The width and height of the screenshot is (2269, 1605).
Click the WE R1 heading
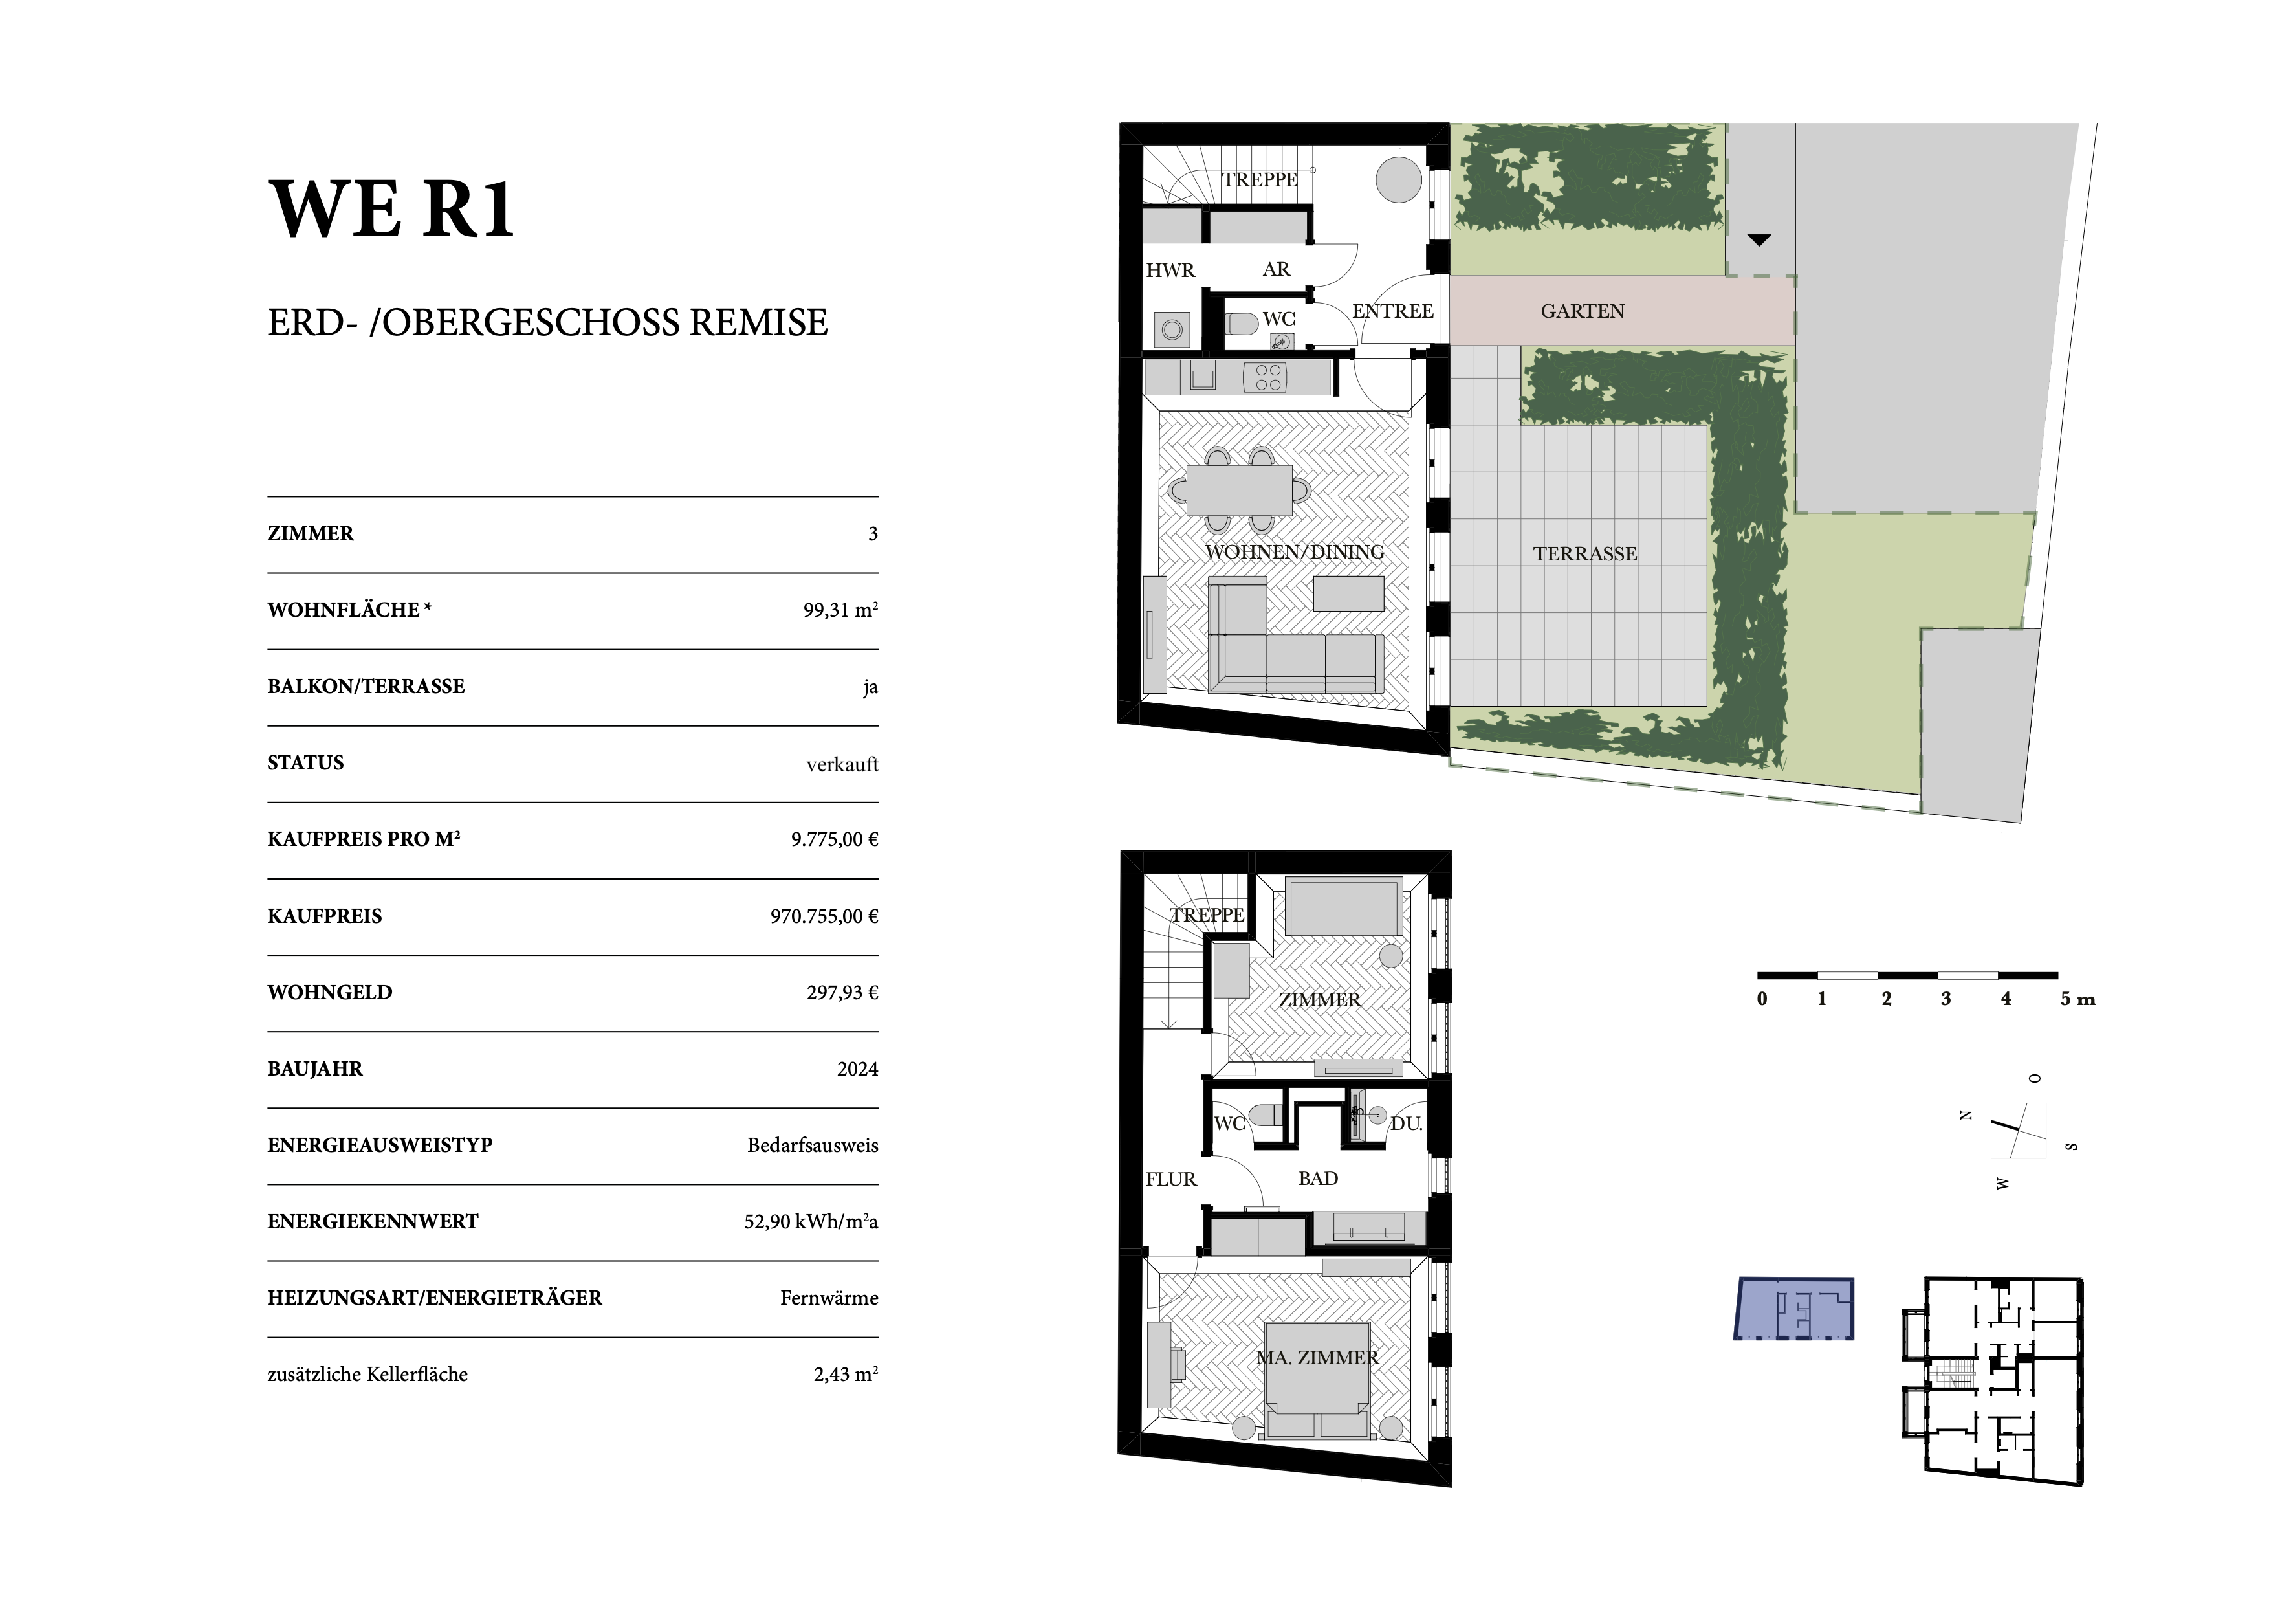[x=391, y=210]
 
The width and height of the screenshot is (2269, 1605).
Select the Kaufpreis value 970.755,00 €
[x=824, y=916]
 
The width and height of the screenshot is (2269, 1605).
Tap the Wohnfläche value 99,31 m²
[x=840, y=610]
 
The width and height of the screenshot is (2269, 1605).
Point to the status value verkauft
[x=842, y=764]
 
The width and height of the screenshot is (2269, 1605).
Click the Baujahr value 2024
[x=857, y=1069]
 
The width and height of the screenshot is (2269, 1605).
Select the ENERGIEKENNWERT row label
[x=373, y=1221]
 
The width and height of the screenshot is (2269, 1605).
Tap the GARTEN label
[x=1582, y=311]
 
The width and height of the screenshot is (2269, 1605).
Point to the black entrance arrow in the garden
[x=1759, y=240]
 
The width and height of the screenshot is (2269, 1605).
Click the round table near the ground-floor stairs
[x=1399, y=180]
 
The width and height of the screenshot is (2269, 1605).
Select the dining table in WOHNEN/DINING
[x=1239, y=490]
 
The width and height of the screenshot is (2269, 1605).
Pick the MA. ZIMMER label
[x=1317, y=1358]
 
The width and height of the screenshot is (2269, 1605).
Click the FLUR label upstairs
[x=1171, y=1179]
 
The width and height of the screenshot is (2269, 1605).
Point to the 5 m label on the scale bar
[x=2077, y=999]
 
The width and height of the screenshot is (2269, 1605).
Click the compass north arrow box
[x=2018, y=1129]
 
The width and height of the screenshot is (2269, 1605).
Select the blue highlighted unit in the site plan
[x=1793, y=1309]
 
